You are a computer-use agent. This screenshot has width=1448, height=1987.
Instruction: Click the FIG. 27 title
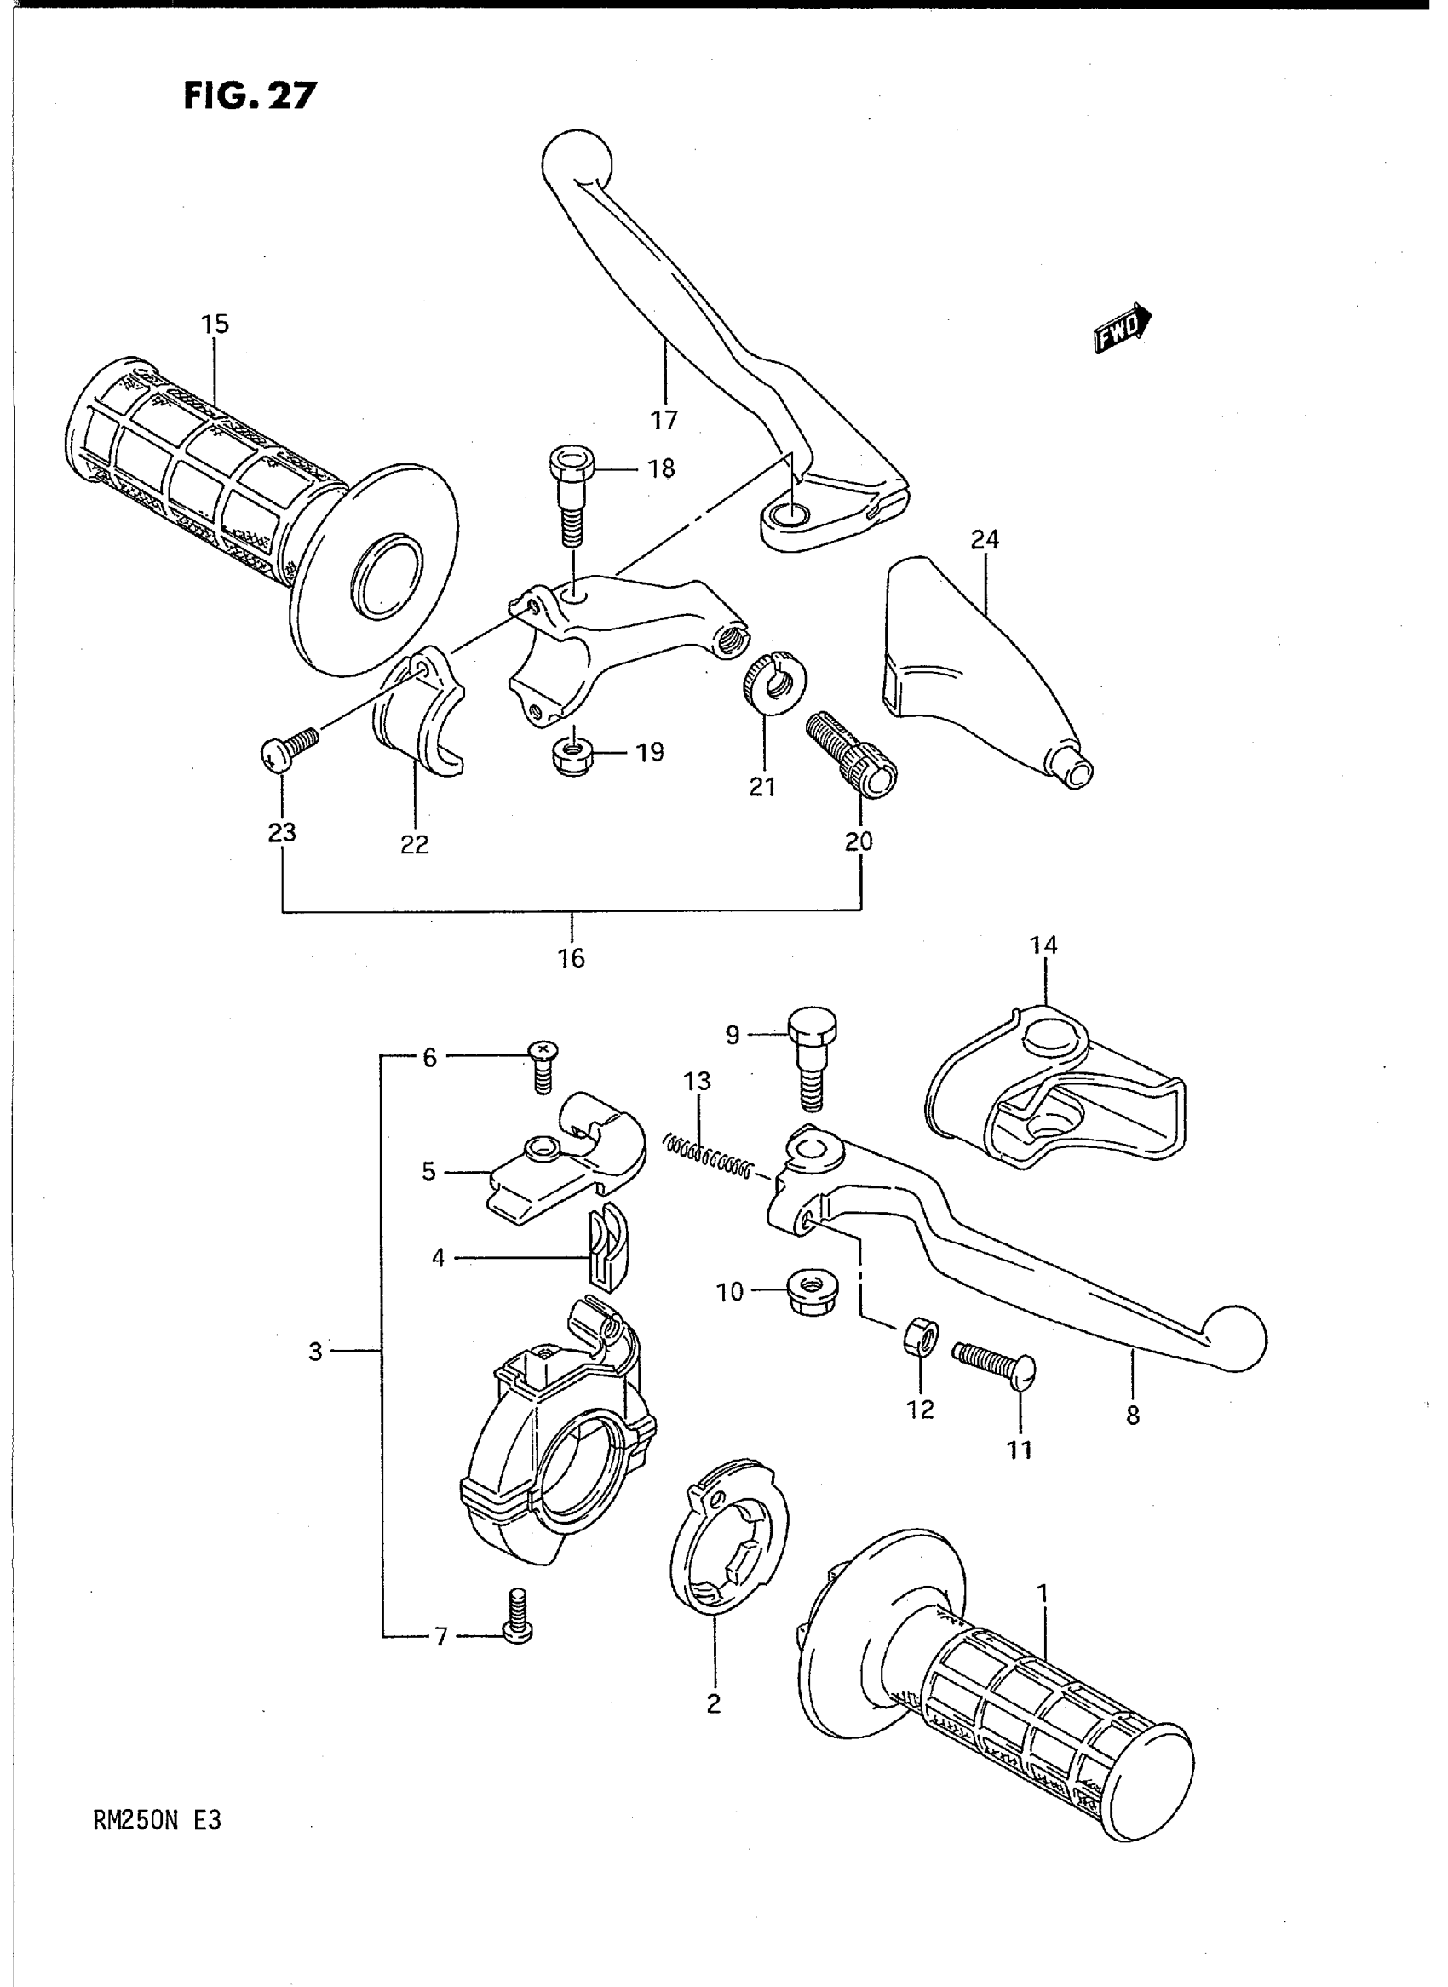coord(249,95)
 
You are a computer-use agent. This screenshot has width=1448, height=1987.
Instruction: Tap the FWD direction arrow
coord(1123,327)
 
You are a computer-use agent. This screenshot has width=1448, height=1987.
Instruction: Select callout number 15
coord(215,324)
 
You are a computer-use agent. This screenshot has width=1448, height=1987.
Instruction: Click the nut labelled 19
coord(571,751)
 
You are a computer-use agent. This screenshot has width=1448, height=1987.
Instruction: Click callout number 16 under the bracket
coord(572,958)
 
